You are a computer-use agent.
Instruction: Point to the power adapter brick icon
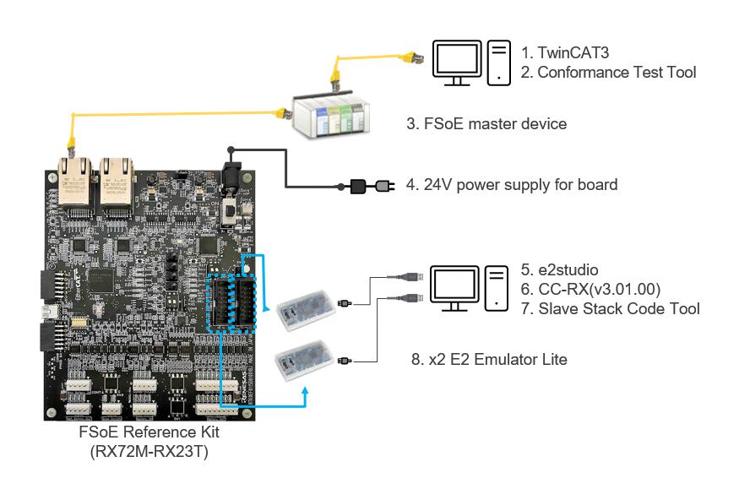(x=358, y=184)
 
